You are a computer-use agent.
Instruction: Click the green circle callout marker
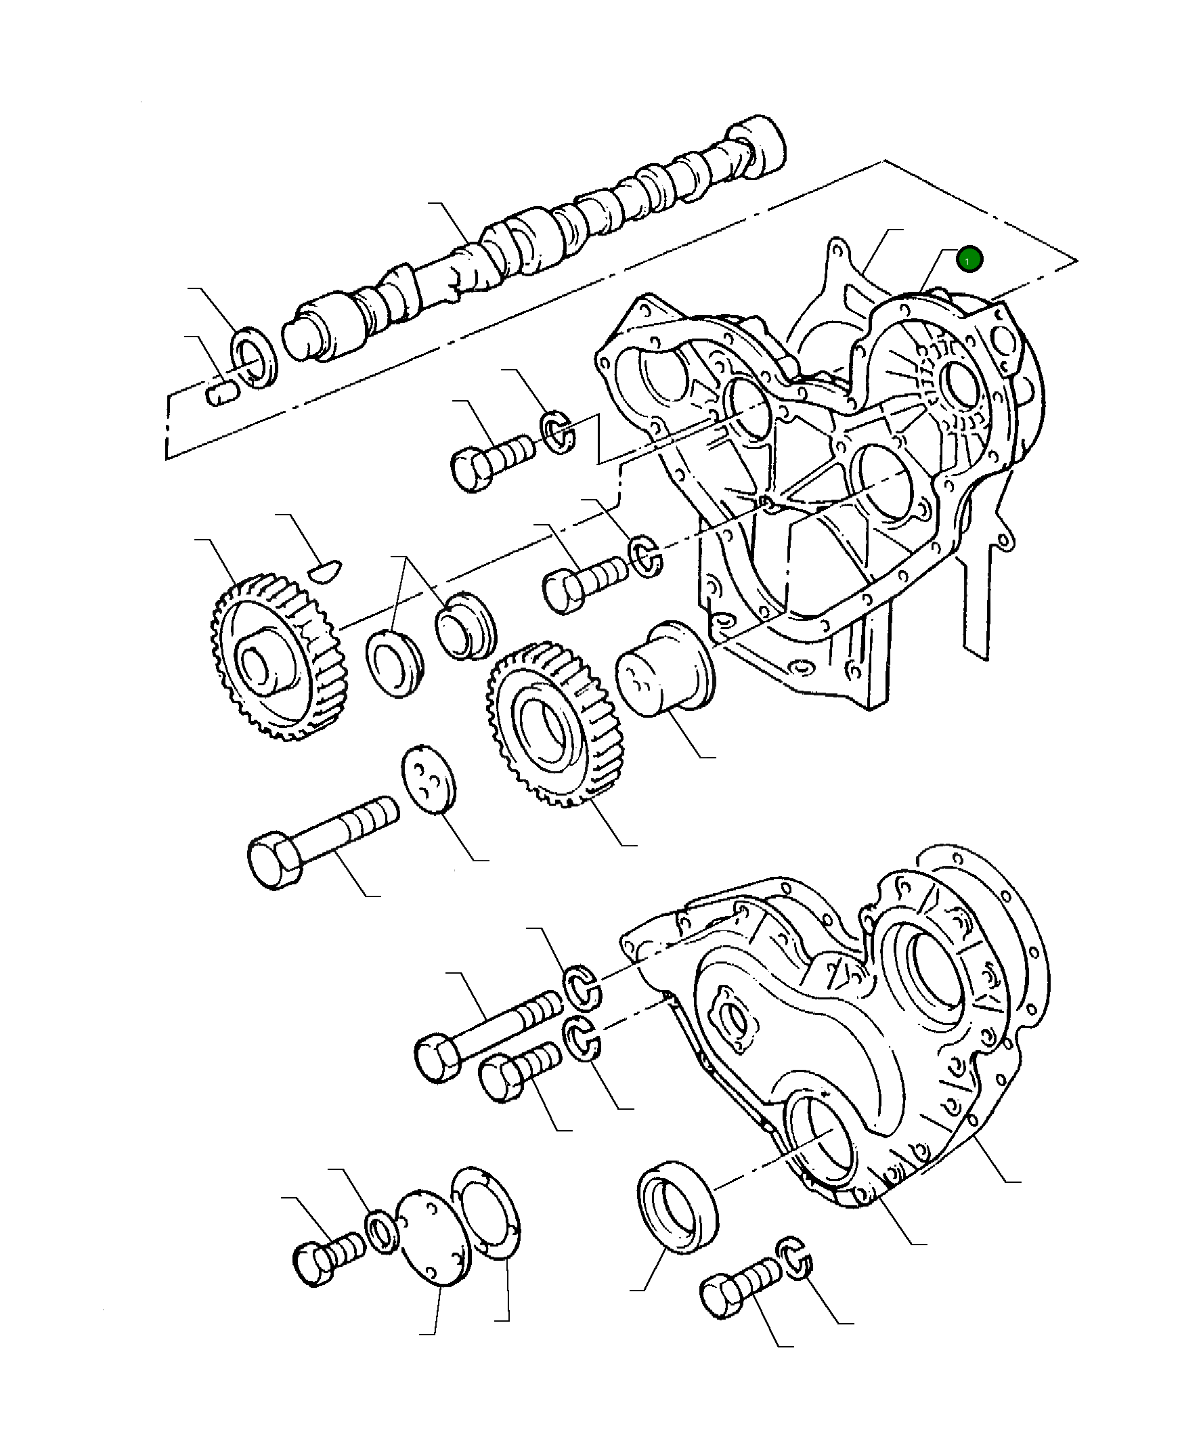pyautogui.click(x=969, y=259)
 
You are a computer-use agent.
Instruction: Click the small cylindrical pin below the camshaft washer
pyautogui.click(x=221, y=393)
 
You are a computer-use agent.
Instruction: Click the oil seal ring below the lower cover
pyautogui.click(x=676, y=1207)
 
